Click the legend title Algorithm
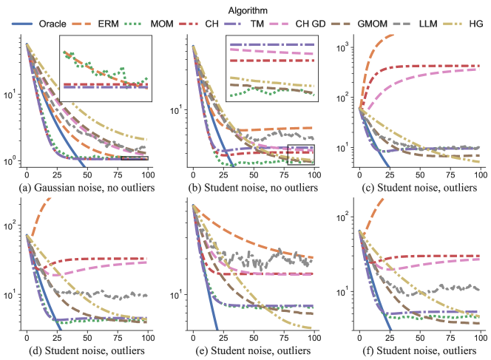pyautogui.click(x=245, y=10)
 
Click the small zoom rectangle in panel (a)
pyautogui.click(x=135, y=157)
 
